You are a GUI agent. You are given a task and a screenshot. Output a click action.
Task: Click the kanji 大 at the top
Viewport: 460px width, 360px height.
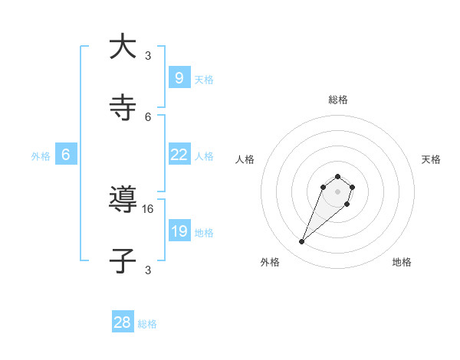coord(123,47)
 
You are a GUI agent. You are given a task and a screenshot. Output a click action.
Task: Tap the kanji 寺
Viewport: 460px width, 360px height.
coord(123,108)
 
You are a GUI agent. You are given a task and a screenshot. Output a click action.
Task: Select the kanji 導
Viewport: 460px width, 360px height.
coord(123,200)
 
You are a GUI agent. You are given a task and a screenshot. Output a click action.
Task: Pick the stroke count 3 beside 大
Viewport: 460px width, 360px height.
coord(148,55)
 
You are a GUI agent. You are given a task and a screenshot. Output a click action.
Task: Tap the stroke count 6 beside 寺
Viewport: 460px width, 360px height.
coord(148,116)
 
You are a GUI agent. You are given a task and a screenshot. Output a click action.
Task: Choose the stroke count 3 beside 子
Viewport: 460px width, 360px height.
coord(148,270)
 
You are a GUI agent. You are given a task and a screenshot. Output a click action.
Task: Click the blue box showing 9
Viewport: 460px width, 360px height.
coord(179,78)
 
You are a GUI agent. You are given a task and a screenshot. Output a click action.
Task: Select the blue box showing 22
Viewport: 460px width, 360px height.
coord(179,155)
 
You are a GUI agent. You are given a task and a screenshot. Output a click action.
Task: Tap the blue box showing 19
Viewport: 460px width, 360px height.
coord(179,231)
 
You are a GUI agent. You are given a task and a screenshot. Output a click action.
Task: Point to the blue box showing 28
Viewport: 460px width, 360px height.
coord(123,322)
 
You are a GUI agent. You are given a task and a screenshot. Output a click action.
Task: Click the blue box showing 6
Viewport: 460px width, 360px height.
coord(66,155)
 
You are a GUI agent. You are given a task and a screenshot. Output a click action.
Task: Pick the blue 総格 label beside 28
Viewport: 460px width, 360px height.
coord(147,324)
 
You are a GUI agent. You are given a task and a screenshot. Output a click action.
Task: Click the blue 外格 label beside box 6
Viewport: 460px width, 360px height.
coord(41,156)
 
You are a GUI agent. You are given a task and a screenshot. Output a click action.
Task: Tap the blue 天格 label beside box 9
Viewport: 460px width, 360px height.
coord(204,80)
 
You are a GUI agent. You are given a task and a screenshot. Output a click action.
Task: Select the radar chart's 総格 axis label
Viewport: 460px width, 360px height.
coord(338,100)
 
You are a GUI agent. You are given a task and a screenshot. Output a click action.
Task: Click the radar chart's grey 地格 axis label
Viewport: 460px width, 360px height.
coord(402,263)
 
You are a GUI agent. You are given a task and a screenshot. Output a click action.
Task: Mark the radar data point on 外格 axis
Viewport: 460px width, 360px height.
coord(302,242)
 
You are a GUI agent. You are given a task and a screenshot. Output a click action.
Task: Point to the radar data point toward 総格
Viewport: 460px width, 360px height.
coord(338,174)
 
